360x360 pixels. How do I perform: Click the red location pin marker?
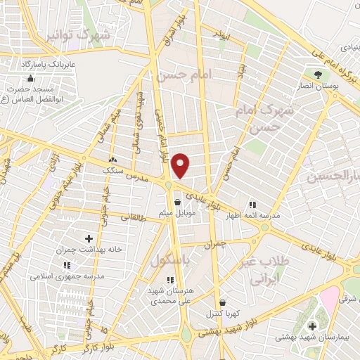181,166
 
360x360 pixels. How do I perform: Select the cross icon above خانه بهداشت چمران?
89,239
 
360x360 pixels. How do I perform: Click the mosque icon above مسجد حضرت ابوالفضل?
30,77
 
